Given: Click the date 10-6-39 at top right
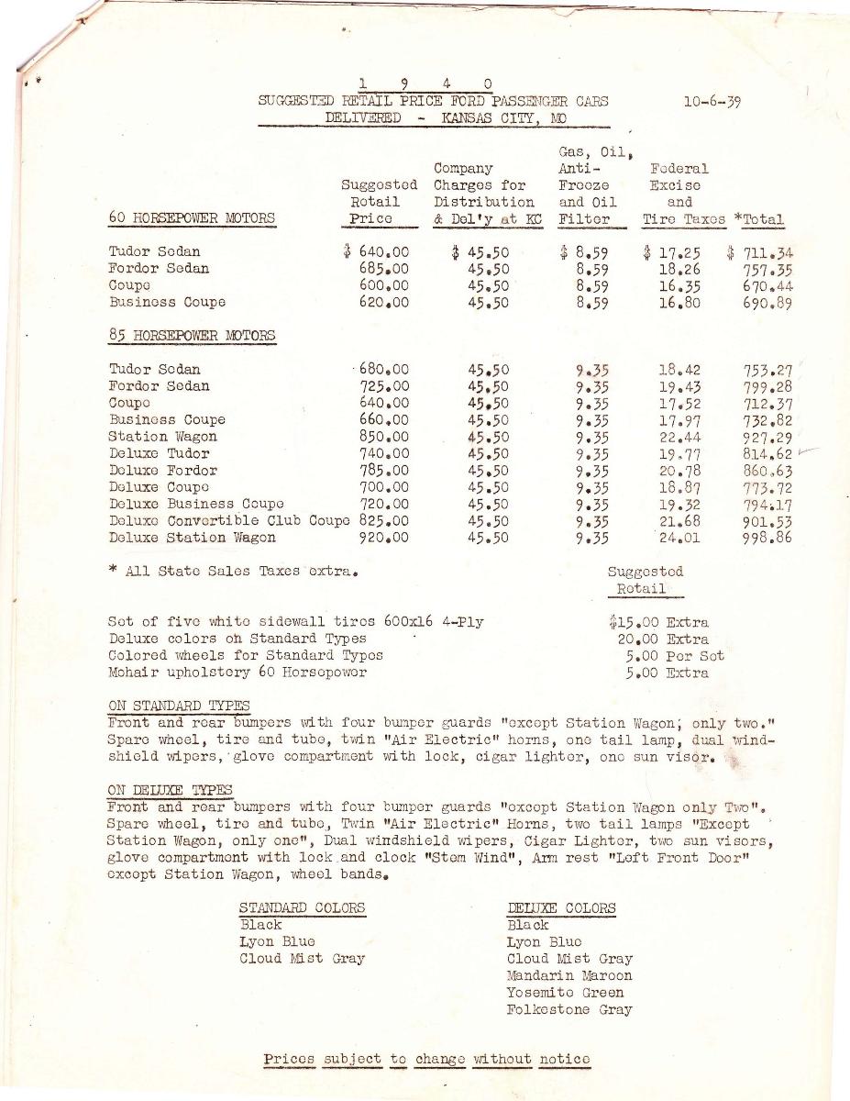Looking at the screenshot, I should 712,102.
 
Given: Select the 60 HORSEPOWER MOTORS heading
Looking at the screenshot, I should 192,218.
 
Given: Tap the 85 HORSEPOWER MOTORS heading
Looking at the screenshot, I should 192,335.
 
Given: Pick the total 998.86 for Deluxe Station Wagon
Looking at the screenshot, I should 767,539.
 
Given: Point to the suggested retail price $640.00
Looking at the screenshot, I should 376,252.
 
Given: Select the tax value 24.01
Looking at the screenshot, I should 679,539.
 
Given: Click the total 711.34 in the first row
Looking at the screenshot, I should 762,252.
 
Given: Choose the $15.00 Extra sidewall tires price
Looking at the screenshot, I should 657,622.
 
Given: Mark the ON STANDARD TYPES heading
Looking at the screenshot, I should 178,706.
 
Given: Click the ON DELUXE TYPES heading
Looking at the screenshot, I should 170,790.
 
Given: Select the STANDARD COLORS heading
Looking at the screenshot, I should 302,908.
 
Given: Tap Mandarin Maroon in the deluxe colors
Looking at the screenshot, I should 569,975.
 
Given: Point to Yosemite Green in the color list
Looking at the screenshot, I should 565,993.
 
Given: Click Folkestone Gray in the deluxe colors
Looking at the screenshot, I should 569,1009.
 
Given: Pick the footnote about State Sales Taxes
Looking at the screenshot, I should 232,572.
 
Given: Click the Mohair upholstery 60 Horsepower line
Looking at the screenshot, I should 237,673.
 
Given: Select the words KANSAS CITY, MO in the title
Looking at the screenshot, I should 502,118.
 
